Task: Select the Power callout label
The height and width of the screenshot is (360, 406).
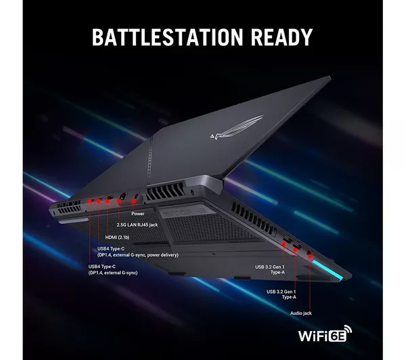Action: coord(139,213)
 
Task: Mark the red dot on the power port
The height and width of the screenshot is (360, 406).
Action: coord(137,199)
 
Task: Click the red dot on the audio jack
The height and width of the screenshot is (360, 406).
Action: coord(310,255)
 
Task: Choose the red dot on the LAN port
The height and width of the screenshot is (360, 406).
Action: coord(122,200)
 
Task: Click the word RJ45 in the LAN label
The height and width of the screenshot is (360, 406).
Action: coord(150,224)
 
